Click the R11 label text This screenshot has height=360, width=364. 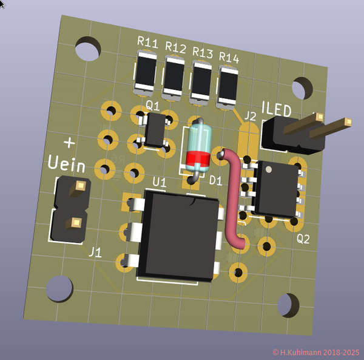click(147, 43)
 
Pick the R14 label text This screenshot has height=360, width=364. click(229, 58)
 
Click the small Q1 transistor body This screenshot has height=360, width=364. click(156, 129)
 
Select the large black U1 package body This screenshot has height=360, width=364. click(177, 233)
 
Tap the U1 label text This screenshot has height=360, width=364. click(159, 182)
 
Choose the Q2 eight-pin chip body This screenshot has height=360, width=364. click(276, 188)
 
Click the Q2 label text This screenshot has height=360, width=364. click(303, 239)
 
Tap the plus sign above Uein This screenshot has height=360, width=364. click(70, 143)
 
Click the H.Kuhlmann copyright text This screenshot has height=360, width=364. click(315, 352)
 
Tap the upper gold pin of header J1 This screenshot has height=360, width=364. click(78, 187)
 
